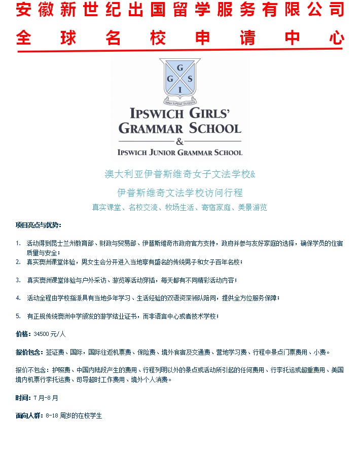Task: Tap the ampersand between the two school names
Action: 179,141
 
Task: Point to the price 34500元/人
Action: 50,334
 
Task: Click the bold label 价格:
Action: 23,334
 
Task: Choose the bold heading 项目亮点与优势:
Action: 38,225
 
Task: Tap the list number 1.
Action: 18,244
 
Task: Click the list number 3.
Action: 18,280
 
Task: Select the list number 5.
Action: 18,316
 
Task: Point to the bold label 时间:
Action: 23,398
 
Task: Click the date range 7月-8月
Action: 46,398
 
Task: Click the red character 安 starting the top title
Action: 24,10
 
